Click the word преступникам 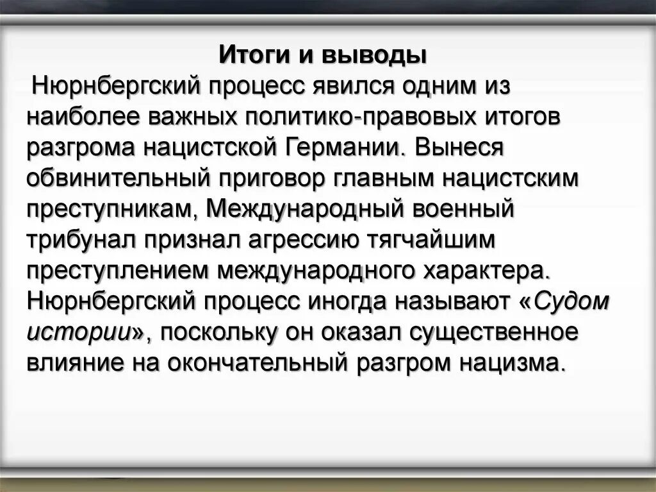click(113, 210)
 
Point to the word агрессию click(300, 240)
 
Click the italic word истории click(80, 332)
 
